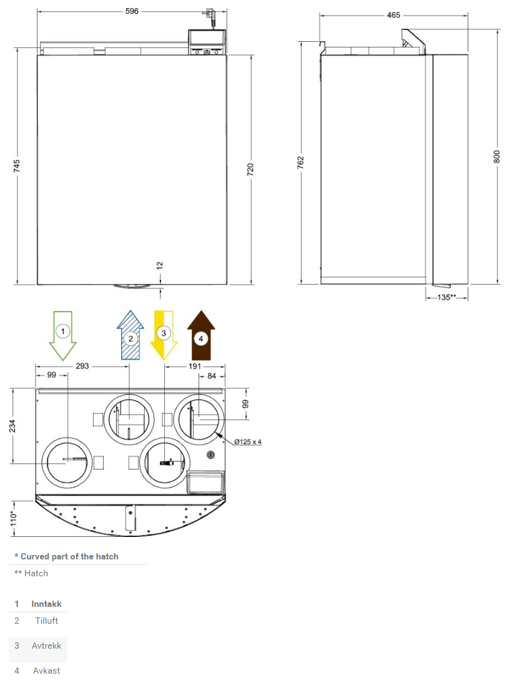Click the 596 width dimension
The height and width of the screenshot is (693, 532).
(x=132, y=11)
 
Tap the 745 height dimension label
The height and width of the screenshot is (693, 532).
(x=16, y=166)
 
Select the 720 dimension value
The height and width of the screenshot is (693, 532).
(x=250, y=169)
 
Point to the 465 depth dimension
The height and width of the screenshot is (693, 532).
(x=393, y=15)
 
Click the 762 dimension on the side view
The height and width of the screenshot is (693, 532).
(x=300, y=162)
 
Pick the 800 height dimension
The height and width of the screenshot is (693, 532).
(x=496, y=157)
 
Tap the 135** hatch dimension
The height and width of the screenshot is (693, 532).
(x=446, y=297)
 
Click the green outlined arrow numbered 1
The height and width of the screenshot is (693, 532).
(x=62, y=335)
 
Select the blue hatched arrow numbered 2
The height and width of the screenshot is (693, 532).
(x=131, y=335)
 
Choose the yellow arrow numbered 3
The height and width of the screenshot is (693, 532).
(x=164, y=335)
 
